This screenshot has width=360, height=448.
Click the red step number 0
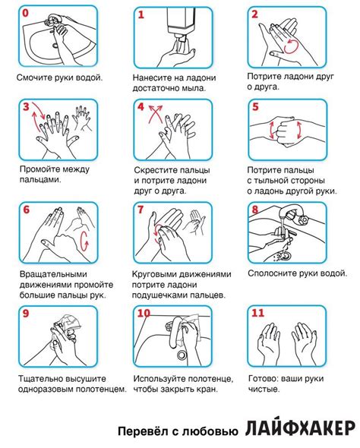[25, 14]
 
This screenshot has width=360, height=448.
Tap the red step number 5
[255, 107]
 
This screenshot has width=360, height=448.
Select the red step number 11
[257, 313]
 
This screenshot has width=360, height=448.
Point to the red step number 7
[141, 210]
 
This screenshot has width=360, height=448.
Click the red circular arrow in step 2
[292, 46]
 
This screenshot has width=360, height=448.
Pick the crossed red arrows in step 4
[155, 114]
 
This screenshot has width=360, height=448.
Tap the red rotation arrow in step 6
[84, 241]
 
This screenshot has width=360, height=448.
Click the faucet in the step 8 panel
[292, 216]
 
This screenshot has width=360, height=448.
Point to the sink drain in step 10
[182, 355]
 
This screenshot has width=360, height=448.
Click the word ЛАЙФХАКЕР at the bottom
[300, 428]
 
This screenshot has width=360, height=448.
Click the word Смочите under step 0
[34, 77]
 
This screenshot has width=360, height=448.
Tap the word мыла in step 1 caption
[194, 88]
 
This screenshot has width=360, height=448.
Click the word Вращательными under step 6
[53, 274]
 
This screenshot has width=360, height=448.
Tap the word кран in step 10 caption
[207, 390]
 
